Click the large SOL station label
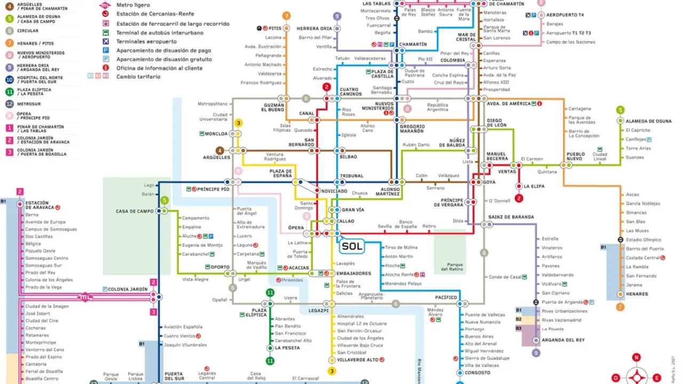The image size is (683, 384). click(352, 246)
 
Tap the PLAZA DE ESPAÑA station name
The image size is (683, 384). click(281, 174)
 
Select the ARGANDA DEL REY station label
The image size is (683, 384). click(563, 340)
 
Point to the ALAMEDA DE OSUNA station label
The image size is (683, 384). click(648, 121)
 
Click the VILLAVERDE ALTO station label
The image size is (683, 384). click(358, 360)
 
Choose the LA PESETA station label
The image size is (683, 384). click(287, 348)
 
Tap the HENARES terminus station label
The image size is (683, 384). click(637, 294)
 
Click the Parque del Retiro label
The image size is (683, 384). click(455, 267)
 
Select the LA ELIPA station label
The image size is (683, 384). click(534, 186)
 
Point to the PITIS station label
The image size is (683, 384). click(275, 28)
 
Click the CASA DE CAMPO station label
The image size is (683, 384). click(134, 211)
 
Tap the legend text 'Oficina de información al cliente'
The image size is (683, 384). click(160, 68)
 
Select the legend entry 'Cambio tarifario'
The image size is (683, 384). click(138, 77)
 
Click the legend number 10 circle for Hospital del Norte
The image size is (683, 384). click(10, 80)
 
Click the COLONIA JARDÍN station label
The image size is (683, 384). click(128, 289)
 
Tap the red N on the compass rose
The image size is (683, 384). click(637, 357)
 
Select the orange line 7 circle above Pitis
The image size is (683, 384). click(287, 16)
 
